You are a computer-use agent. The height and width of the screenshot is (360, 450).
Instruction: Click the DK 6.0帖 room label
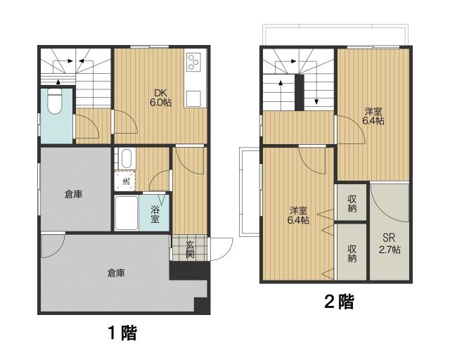(x=160, y=97)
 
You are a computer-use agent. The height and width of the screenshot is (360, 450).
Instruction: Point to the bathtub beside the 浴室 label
(x=126, y=212)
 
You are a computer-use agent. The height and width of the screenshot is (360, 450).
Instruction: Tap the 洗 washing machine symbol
(x=126, y=181)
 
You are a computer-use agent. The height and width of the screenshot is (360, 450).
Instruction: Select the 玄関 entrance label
(x=190, y=250)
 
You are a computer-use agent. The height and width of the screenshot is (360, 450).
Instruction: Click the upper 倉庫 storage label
(x=73, y=194)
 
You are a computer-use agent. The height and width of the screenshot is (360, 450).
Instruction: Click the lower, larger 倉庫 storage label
(x=116, y=272)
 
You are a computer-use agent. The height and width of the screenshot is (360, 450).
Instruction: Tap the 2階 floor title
(x=337, y=302)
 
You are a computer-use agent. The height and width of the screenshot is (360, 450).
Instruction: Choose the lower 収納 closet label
(x=352, y=252)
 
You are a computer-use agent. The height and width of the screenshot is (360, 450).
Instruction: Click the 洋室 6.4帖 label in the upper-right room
(x=373, y=116)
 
